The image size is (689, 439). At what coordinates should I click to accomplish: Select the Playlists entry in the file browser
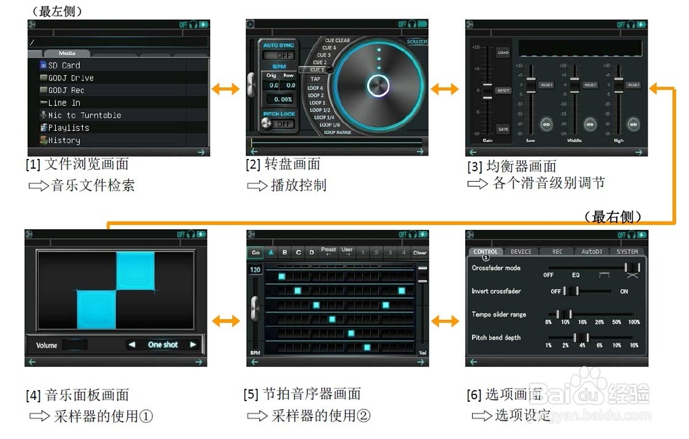68,128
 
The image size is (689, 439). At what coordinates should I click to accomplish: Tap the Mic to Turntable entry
84,116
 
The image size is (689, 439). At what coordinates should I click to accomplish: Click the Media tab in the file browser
67,53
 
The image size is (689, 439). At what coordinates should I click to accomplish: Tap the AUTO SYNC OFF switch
279,55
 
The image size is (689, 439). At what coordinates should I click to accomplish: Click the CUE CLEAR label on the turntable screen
338,41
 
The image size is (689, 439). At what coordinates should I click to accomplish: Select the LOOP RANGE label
338,132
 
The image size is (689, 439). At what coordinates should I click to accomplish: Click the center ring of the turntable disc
378,86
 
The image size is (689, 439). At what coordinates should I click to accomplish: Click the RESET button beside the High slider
634,85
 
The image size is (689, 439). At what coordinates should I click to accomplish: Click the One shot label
163,345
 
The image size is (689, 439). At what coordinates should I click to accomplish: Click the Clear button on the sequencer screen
420,253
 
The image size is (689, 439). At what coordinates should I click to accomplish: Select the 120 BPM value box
255,270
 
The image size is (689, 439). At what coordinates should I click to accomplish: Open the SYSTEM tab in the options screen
627,252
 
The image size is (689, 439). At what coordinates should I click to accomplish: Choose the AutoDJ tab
591,252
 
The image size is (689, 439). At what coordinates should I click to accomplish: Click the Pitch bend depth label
496,338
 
